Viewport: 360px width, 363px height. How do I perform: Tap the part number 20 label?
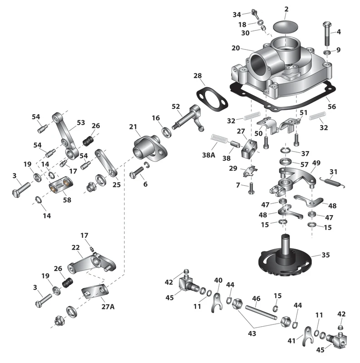(235, 48)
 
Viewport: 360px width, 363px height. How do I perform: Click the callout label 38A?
(208, 155)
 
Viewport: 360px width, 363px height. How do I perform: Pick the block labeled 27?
(249, 148)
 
